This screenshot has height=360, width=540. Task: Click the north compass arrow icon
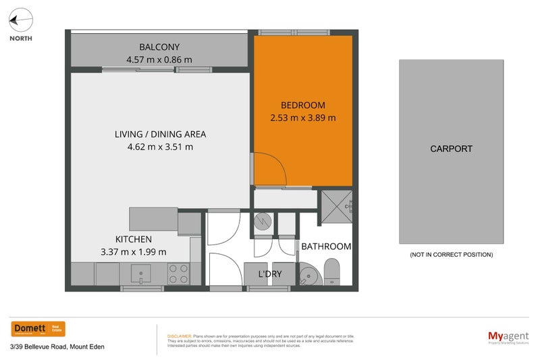click(x=20, y=20)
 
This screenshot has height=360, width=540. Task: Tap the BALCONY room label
click(x=159, y=47)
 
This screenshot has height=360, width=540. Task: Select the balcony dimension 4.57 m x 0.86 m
click(x=159, y=59)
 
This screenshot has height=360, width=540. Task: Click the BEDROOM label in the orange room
click(x=303, y=105)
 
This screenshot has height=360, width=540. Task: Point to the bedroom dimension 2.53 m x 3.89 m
click(x=303, y=118)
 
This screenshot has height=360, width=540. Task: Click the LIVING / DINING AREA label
click(x=160, y=134)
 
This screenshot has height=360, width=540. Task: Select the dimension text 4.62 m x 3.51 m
click(x=160, y=147)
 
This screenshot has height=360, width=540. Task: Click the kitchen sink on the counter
click(x=140, y=274)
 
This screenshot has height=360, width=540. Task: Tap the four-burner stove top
click(x=178, y=274)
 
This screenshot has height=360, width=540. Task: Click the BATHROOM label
click(x=326, y=247)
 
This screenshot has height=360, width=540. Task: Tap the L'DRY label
click(x=270, y=274)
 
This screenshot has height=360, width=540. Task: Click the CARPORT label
click(x=451, y=149)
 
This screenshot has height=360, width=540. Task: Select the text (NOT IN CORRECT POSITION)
click(x=451, y=255)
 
